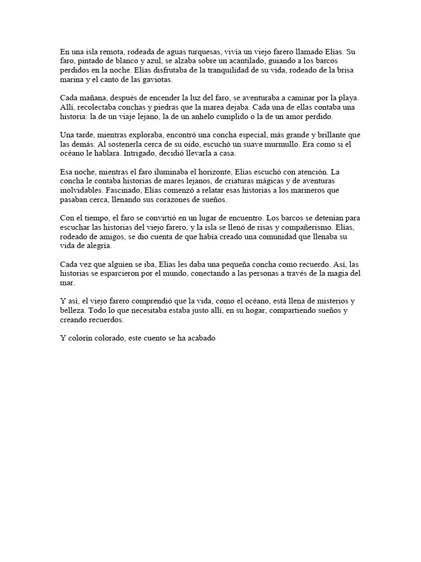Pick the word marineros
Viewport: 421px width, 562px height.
point(306,191)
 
